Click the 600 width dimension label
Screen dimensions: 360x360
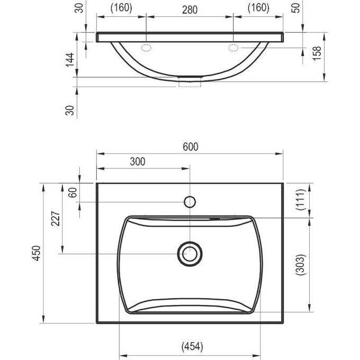pyautogui.click(x=191, y=147)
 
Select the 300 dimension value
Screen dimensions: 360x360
pyautogui.click(x=138, y=161)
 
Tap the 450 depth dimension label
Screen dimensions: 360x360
pyautogui.click(x=37, y=253)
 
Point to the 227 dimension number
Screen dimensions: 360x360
pyautogui.click(x=56, y=219)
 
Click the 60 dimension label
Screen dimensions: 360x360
pyautogui.click(x=73, y=192)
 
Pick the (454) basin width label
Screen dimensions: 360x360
pyautogui.click(x=192, y=346)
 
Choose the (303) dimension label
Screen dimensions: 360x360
pyautogui.click(x=301, y=265)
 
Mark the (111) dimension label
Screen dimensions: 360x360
pyautogui.click(x=301, y=200)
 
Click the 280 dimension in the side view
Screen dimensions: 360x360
pyautogui.click(x=190, y=10)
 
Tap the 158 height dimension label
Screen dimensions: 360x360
pyautogui.click(x=317, y=53)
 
